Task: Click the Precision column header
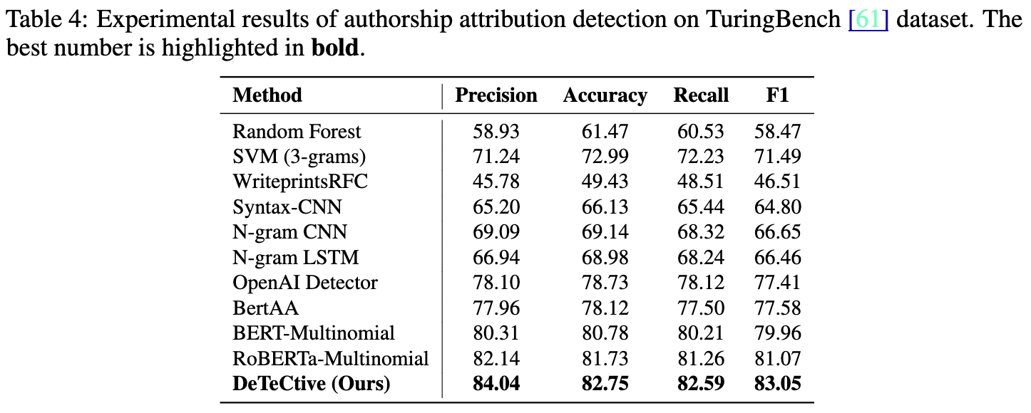pos(496,95)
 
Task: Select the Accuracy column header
pos(605,95)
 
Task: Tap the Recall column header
pos(701,95)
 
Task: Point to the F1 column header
pos(777,95)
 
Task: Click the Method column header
pos(267,95)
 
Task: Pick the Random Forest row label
pos(297,132)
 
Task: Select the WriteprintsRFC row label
pos(300,182)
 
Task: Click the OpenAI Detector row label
pos(305,283)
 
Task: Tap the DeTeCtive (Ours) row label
pos(312,384)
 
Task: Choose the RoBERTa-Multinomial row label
pos(331,358)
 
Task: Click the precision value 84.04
pos(496,384)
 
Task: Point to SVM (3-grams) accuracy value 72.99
pos(605,157)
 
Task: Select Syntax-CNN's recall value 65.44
pos(701,207)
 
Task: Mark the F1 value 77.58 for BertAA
pos(777,308)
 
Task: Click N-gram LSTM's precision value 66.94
pos(496,258)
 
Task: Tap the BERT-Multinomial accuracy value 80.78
pos(605,333)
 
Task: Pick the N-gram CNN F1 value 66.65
pos(777,232)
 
